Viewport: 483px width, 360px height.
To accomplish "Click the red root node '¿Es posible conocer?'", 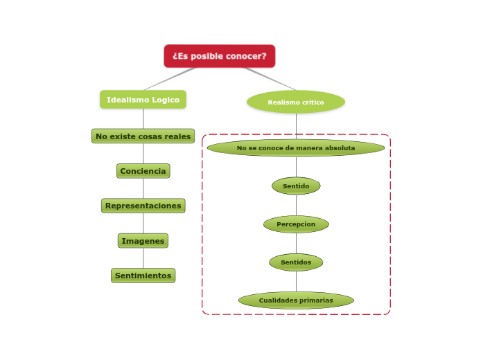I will coord(219,56).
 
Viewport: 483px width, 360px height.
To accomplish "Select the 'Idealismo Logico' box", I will coord(143,100).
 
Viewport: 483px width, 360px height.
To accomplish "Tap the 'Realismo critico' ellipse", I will coord(296,102).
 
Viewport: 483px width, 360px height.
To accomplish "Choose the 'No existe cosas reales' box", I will coord(143,136).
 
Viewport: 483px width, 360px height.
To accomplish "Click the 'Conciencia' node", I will coord(143,171).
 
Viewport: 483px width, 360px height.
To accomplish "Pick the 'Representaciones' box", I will coord(143,206).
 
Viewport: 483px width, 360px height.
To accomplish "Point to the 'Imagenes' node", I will coord(143,241).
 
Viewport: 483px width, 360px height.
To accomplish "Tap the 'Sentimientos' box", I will coord(143,276).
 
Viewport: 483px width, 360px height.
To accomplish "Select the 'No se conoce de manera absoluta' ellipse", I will coord(296,148).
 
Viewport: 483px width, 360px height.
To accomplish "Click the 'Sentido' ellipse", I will coord(296,186).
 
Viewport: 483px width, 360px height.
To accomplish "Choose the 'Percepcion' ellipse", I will coord(296,224).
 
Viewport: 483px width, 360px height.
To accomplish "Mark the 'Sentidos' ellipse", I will coord(296,262).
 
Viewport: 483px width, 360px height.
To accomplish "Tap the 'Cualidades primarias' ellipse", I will coord(296,300).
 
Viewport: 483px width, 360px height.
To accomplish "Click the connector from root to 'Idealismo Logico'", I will coord(170,79).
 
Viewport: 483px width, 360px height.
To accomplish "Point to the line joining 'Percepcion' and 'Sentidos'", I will coord(296,244).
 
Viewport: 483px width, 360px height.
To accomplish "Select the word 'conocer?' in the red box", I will coord(249,56).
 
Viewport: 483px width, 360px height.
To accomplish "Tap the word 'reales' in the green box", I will coord(177,136).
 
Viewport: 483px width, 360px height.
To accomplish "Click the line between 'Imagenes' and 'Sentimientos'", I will coord(143,258).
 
